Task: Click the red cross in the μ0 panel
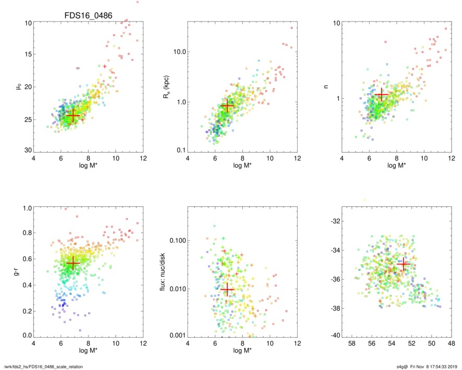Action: point(73,115)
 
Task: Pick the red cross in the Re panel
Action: point(227,106)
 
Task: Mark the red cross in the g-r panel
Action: point(73,263)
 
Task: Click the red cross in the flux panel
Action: point(228,289)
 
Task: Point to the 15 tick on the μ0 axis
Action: point(27,54)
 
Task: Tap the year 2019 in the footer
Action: point(453,365)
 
